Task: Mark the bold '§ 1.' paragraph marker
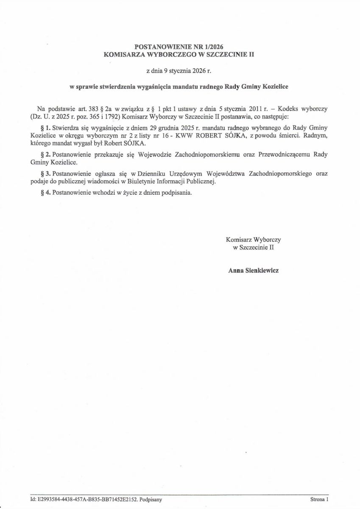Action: (x=45, y=128)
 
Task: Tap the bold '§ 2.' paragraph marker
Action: (x=45, y=155)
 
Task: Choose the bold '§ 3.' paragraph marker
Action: (x=45, y=174)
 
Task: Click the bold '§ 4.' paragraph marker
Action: (x=45, y=193)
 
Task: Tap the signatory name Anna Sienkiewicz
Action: (x=253, y=270)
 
